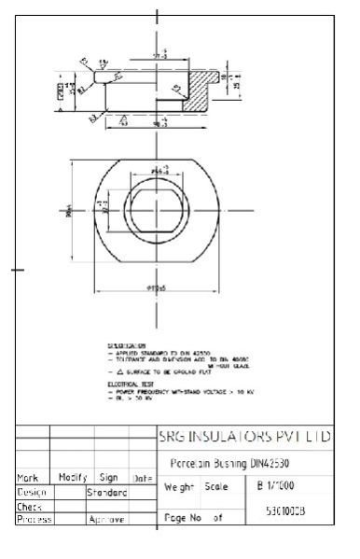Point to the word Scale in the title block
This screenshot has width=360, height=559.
pyautogui.click(x=215, y=487)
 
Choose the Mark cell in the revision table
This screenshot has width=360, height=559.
pyautogui.click(x=30, y=477)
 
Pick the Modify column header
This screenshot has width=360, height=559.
pyautogui.click(x=72, y=477)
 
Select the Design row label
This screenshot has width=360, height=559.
pyautogui.click(x=32, y=491)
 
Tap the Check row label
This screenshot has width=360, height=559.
pyautogui.click(x=30, y=505)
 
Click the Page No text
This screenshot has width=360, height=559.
pyautogui.click(x=184, y=515)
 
